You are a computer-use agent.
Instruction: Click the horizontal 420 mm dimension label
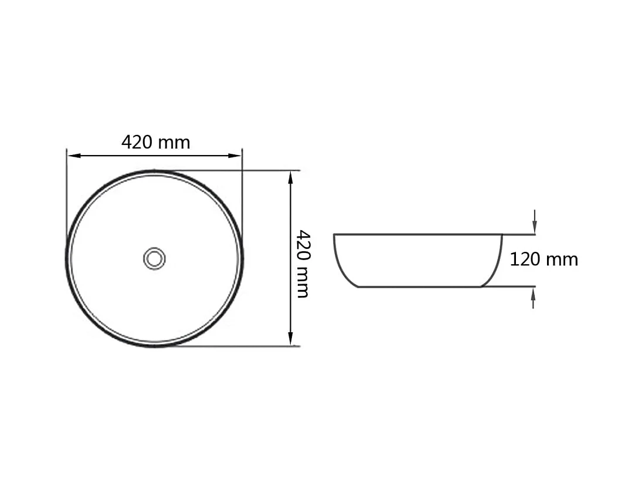[x=155, y=142]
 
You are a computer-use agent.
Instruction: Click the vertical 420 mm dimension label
[x=303, y=264]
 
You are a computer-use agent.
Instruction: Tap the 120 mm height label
[x=544, y=259]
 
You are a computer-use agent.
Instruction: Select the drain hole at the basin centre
[x=154, y=259]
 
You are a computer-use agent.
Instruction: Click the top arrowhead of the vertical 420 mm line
[x=290, y=177]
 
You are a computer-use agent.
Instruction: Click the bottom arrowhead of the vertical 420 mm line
[x=290, y=339]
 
